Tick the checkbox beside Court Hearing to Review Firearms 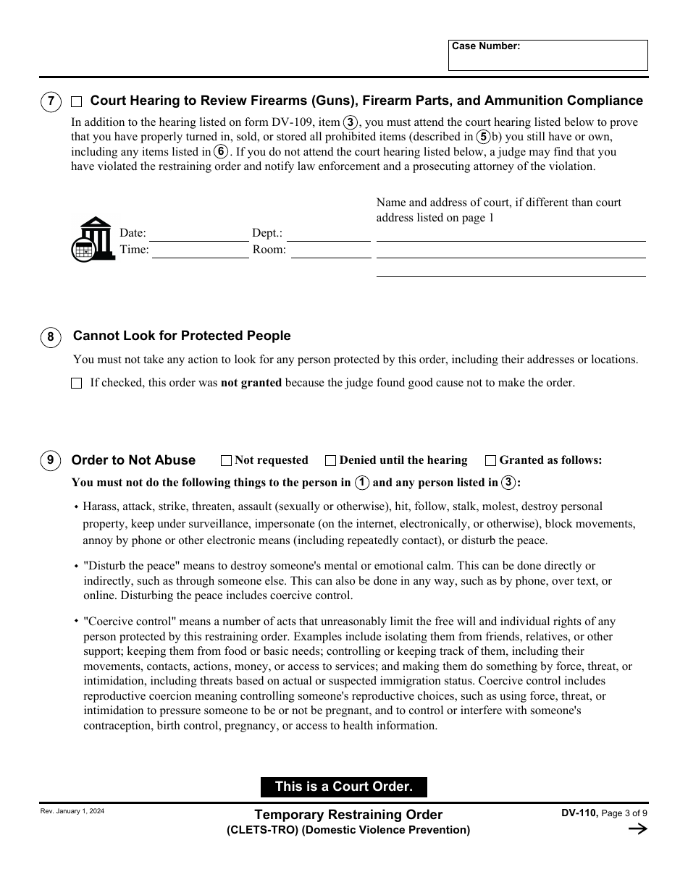[x=77, y=101]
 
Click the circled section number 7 [x=51, y=101]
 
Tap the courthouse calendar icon [x=93, y=239]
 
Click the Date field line [x=198, y=234]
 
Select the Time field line [x=200, y=251]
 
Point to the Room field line [x=330, y=251]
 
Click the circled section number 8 [x=51, y=336]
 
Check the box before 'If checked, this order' [x=77, y=383]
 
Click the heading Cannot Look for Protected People [x=182, y=336]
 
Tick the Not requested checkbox [x=226, y=460]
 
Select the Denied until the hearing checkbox [x=331, y=460]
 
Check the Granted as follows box [x=490, y=460]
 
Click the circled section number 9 [x=51, y=460]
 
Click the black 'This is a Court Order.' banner [x=344, y=787]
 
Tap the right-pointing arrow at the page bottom [x=637, y=829]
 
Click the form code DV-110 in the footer [x=579, y=813]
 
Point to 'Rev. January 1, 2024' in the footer [x=72, y=812]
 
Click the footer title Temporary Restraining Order [x=348, y=815]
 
